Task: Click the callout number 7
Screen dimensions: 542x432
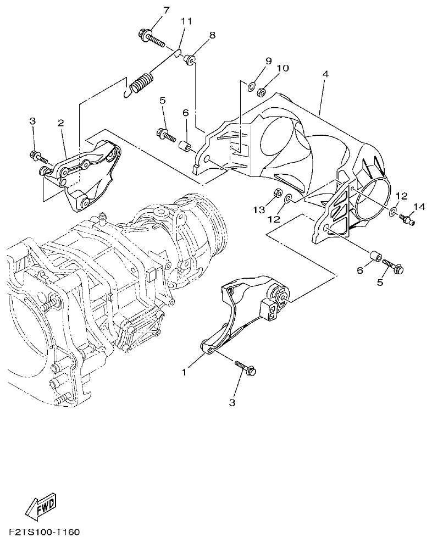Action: point(151,10)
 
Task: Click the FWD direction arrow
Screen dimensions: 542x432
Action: point(42,508)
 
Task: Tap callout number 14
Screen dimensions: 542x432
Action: point(419,207)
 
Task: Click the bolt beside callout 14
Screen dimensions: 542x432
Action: point(407,219)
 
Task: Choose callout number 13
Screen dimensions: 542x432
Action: point(259,209)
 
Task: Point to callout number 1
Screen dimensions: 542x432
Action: point(185,372)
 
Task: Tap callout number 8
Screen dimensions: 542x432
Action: point(212,35)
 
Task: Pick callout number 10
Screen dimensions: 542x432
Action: point(282,68)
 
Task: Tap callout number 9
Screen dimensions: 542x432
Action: point(269,60)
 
